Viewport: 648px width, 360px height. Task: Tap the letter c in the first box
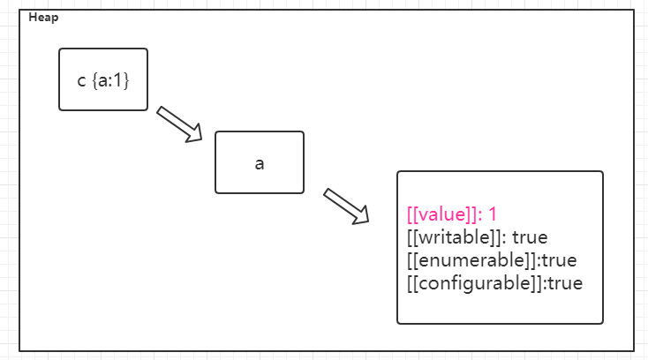point(82,81)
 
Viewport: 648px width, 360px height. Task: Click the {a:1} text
point(110,81)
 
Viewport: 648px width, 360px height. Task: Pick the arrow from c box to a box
point(179,124)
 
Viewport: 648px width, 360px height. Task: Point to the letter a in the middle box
point(260,165)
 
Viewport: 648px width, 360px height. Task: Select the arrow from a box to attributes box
point(346,206)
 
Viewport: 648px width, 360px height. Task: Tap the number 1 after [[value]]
point(494,214)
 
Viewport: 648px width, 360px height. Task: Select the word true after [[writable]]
point(531,237)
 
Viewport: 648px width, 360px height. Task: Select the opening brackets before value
point(412,214)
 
